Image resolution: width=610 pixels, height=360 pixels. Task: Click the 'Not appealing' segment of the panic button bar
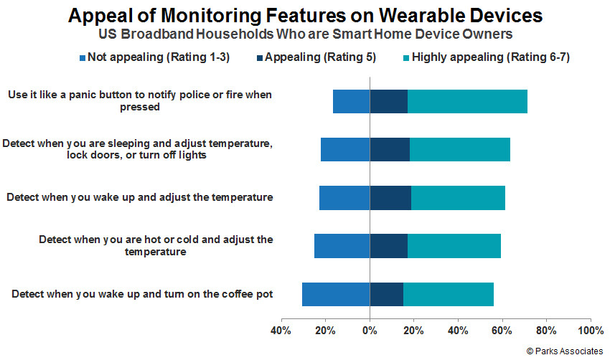coord(352,101)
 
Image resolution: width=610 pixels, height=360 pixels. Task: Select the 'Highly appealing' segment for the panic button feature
coord(467,101)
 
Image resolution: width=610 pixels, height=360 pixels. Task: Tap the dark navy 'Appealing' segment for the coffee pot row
coord(386,294)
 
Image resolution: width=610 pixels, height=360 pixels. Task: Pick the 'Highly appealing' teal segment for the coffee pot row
coord(448,294)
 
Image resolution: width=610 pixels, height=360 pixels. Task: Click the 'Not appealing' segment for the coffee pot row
coord(336,294)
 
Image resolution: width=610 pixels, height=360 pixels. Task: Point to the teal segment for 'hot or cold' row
coord(454,246)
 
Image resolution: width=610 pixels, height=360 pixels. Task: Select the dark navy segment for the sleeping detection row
coord(390,150)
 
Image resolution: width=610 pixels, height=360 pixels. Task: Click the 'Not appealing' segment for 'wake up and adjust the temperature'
coord(344,198)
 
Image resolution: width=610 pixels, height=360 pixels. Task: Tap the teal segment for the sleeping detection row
coord(460,150)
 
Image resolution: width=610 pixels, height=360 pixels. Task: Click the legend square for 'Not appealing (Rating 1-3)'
coord(83,58)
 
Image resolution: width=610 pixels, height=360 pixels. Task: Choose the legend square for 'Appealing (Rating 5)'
coord(260,58)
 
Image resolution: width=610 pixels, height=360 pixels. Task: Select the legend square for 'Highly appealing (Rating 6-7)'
coord(406,58)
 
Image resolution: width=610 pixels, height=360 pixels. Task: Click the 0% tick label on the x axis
coord(370,331)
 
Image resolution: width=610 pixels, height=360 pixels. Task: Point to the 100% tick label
coord(591,331)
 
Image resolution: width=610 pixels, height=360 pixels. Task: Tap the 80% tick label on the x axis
coord(546,331)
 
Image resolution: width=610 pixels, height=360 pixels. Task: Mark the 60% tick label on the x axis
coord(502,331)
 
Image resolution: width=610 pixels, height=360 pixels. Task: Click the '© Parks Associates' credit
coord(565,351)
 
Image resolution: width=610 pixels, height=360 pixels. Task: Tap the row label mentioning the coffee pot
coord(142,294)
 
